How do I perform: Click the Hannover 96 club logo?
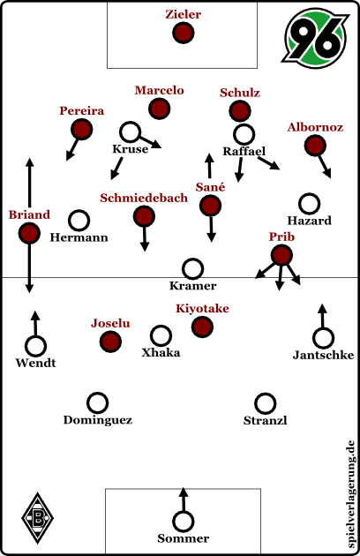315,39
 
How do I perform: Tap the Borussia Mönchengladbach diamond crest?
38,518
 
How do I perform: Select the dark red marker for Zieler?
183,33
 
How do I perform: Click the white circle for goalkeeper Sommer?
183,522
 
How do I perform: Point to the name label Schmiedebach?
144,198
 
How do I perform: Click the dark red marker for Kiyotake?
202,327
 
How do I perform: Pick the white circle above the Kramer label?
192,268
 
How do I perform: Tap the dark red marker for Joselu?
110,342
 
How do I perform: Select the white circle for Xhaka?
161,335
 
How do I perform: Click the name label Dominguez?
98,420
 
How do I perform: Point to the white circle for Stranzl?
265,403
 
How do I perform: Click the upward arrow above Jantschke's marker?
322,316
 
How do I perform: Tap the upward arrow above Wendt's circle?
35,323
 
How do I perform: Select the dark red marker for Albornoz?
315,146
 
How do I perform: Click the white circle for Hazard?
310,204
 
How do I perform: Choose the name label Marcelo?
159,90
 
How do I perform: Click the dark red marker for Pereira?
81,129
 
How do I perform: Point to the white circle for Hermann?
79,221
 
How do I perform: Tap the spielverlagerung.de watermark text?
351,494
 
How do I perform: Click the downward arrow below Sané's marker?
211,229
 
